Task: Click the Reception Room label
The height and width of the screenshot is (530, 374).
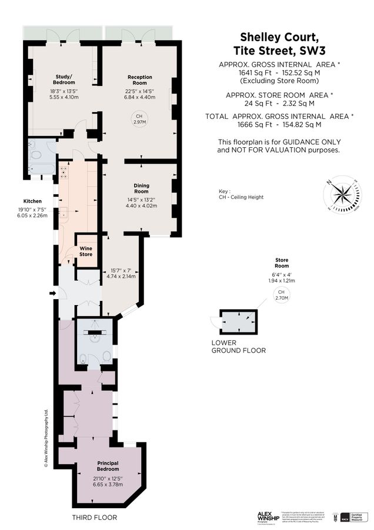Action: pyautogui.click(x=139, y=80)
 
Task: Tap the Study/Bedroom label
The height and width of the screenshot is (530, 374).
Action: pyautogui.click(x=64, y=80)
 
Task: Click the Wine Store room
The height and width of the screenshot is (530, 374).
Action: pyautogui.click(x=86, y=251)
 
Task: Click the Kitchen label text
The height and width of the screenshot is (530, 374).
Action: pyautogui.click(x=32, y=200)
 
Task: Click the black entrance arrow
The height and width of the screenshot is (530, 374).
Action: pyautogui.click(x=52, y=293)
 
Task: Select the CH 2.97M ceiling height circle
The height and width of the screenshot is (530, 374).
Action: pyautogui.click(x=139, y=119)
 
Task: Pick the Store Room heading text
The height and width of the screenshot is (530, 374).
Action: pyautogui.click(x=281, y=263)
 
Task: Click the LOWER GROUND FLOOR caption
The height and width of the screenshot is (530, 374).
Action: pyautogui.click(x=238, y=346)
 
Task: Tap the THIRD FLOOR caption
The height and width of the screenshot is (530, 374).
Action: pyautogui.click(x=95, y=518)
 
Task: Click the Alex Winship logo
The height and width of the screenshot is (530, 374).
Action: pyautogui.click(x=268, y=516)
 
